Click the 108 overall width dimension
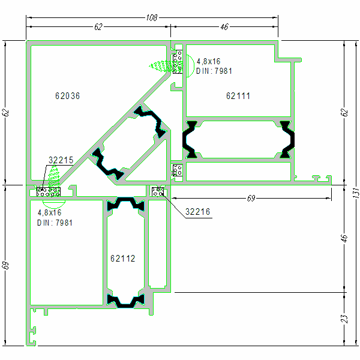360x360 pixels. click(x=152, y=18)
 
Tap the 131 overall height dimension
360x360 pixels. click(x=355, y=193)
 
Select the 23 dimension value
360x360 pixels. click(x=344, y=319)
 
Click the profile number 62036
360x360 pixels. click(x=67, y=96)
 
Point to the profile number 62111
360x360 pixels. click(x=238, y=96)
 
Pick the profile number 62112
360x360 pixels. click(x=122, y=259)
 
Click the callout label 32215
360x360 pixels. click(x=61, y=160)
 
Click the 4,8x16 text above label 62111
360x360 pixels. click(x=209, y=62)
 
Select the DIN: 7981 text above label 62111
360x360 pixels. click(x=214, y=71)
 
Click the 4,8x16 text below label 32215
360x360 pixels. click(x=50, y=213)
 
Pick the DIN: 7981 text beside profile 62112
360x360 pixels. click(x=55, y=223)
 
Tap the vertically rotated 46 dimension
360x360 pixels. click(x=344, y=238)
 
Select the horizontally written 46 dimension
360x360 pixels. click(x=224, y=27)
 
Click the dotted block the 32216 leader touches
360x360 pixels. click(x=159, y=191)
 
